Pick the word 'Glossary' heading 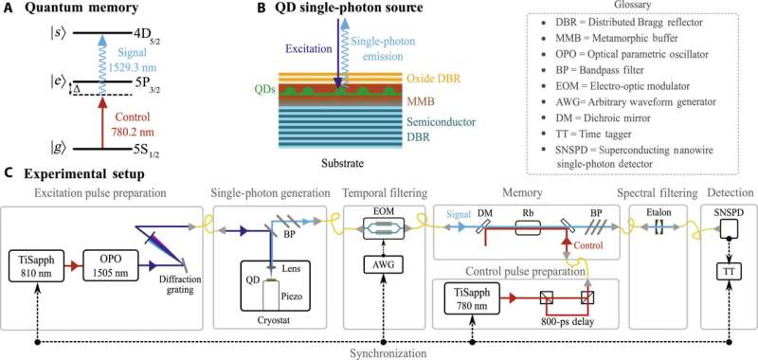619,6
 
